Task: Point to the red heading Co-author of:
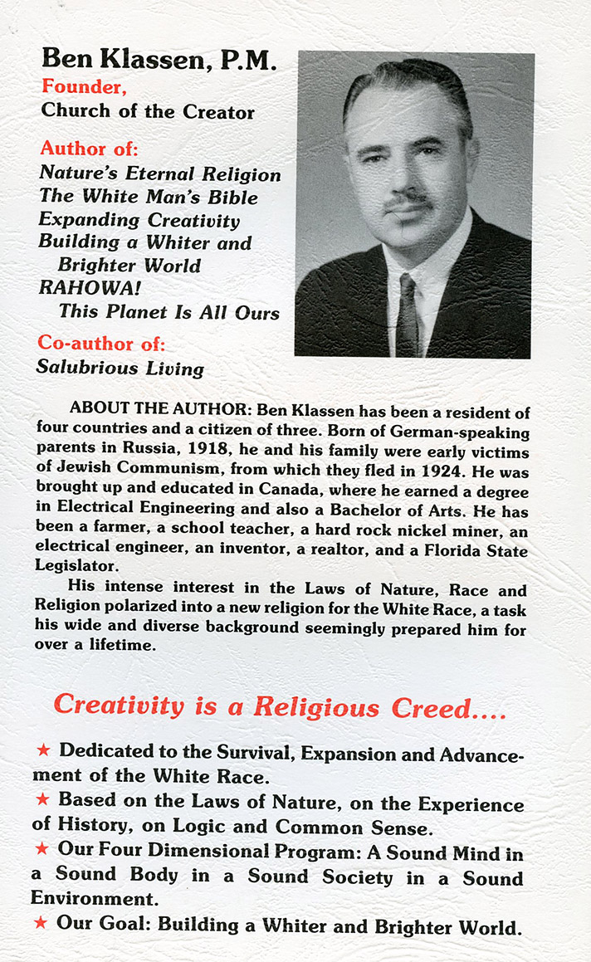[x=100, y=342]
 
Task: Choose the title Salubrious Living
[x=120, y=367]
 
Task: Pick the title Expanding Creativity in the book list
[x=139, y=221]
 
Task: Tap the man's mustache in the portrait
[x=409, y=201]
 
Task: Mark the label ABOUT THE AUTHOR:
[x=162, y=410]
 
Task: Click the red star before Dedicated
[x=43, y=751]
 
